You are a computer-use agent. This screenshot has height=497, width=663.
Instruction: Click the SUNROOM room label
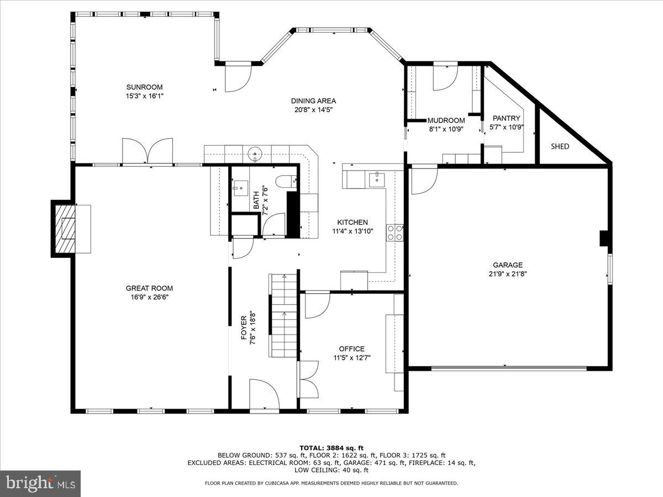coord(144,87)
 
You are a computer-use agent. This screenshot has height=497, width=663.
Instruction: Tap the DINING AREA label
coord(313,101)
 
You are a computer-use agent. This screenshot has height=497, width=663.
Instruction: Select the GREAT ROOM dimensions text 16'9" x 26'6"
coord(149,297)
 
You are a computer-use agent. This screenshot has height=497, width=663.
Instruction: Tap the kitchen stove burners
coord(395,233)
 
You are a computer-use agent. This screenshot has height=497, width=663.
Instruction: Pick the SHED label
coord(560,146)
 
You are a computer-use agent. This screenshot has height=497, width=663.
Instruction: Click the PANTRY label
coord(506,118)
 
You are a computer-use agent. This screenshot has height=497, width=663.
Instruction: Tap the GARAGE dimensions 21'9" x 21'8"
coord(508,273)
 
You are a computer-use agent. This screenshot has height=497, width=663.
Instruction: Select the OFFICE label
coord(352,348)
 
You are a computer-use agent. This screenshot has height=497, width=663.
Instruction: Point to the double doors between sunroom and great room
coord(148,150)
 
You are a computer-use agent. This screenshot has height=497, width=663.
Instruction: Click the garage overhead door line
coord(508,367)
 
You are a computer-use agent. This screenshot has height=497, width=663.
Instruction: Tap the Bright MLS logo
coord(41,483)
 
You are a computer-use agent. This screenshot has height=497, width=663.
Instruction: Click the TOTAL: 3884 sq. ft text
coord(331,447)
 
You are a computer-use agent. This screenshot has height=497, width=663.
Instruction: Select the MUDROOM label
coord(446,120)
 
